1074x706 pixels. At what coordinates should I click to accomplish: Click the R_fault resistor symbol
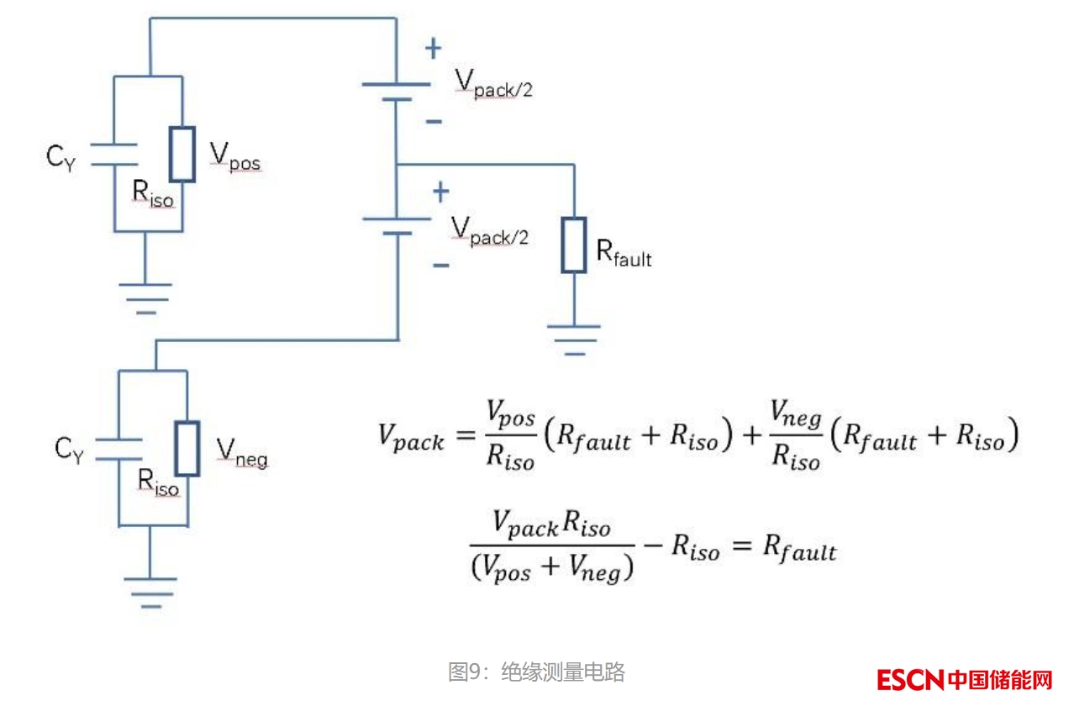pyautogui.click(x=573, y=245)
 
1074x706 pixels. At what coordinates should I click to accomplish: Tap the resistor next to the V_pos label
pyautogui.click(x=182, y=155)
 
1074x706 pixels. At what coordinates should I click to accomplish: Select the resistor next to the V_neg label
pyautogui.click(x=187, y=449)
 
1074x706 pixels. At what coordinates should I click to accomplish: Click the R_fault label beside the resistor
pyautogui.click(x=624, y=253)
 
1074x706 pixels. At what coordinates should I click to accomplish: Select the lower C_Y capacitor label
pyautogui.click(x=69, y=451)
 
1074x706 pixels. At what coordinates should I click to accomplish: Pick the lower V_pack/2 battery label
pyautogui.click(x=490, y=230)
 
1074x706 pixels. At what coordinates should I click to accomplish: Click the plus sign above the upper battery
pyautogui.click(x=433, y=49)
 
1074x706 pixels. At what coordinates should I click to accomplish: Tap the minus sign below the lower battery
pyautogui.click(x=440, y=266)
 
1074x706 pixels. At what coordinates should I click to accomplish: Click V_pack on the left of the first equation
pyautogui.click(x=410, y=438)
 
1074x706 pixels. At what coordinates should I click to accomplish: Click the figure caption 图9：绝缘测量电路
pyautogui.click(x=536, y=672)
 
